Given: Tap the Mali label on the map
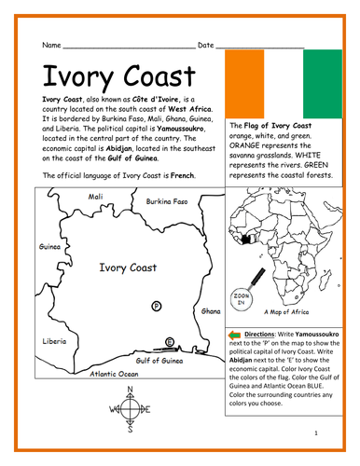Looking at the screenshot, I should pyautogui.click(x=95, y=197).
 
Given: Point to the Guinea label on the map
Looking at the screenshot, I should pyautogui.click(x=49, y=248).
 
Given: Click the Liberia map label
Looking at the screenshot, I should pyautogui.click(x=54, y=341).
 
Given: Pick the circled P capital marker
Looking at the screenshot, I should pyautogui.click(x=156, y=306).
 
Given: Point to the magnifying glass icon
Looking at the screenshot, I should pyautogui.click(x=257, y=279).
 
